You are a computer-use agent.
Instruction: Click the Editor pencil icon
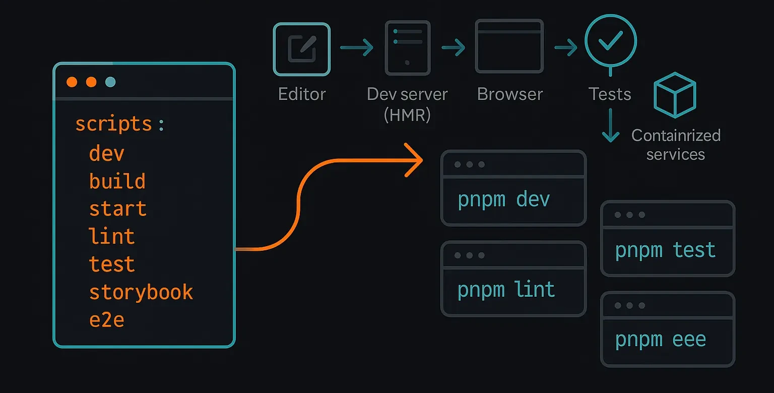pyautogui.click(x=302, y=49)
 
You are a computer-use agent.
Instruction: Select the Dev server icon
pyautogui.click(x=407, y=48)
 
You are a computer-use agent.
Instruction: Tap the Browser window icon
pyautogui.click(x=509, y=46)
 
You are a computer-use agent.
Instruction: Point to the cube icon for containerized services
pyautogui.click(x=674, y=95)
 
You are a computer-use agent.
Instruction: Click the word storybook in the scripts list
pyautogui.click(x=141, y=292)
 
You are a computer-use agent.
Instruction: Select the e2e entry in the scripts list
pyautogui.click(x=106, y=320)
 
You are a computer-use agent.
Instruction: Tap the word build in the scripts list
pyautogui.click(x=117, y=181)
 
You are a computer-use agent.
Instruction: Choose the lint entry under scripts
pyautogui.click(x=112, y=237)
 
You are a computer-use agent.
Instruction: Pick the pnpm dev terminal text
pyautogui.click(x=503, y=200)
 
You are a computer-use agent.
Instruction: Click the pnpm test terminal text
pyautogui.click(x=665, y=250)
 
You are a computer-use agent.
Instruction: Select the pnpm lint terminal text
pyautogui.click(x=506, y=290)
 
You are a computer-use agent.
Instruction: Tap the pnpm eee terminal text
pyautogui.click(x=660, y=340)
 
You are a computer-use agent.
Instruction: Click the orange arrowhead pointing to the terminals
pyautogui.click(x=416, y=159)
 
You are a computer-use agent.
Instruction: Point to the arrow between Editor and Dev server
pyautogui.click(x=356, y=48)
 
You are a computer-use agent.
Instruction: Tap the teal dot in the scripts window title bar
pyautogui.click(x=110, y=82)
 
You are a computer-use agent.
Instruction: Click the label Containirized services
pyautogui.click(x=676, y=145)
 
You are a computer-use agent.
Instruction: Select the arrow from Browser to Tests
pyautogui.click(x=565, y=48)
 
